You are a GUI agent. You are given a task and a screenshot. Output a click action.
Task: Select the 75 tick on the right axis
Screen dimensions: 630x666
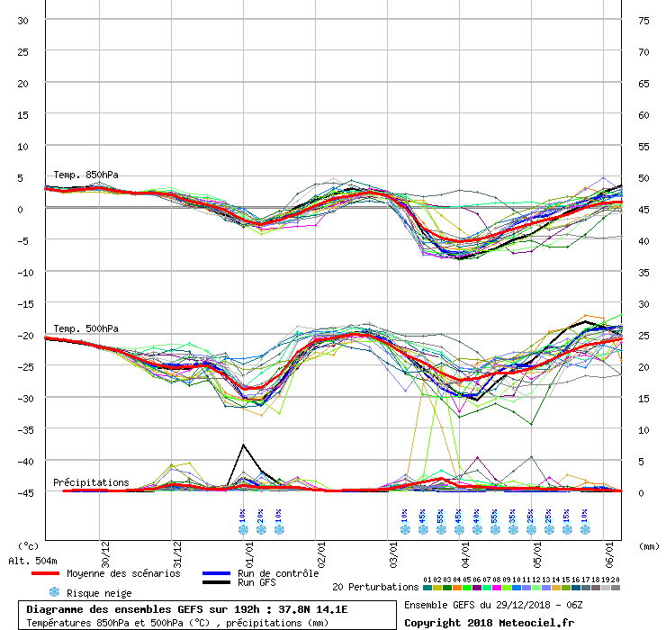(x=643, y=20)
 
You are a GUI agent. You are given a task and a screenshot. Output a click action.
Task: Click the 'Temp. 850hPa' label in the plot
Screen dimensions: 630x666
(x=85, y=175)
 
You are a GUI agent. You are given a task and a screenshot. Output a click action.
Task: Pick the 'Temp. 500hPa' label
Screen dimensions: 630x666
(x=85, y=328)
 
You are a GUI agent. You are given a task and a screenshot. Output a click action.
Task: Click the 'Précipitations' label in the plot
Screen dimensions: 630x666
(x=91, y=482)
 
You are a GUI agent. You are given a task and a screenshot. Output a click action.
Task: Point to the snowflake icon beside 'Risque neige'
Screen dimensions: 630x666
(x=54, y=592)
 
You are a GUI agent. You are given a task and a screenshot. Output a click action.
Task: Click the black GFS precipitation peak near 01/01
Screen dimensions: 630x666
(x=243, y=445)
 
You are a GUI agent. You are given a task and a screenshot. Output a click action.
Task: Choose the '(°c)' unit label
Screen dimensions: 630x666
(x=28, y=545)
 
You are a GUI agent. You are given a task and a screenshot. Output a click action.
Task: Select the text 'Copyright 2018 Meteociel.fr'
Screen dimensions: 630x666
(x=490, y=622)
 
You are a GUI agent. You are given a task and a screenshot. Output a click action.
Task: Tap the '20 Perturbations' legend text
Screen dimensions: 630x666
(x=375, y=587)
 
